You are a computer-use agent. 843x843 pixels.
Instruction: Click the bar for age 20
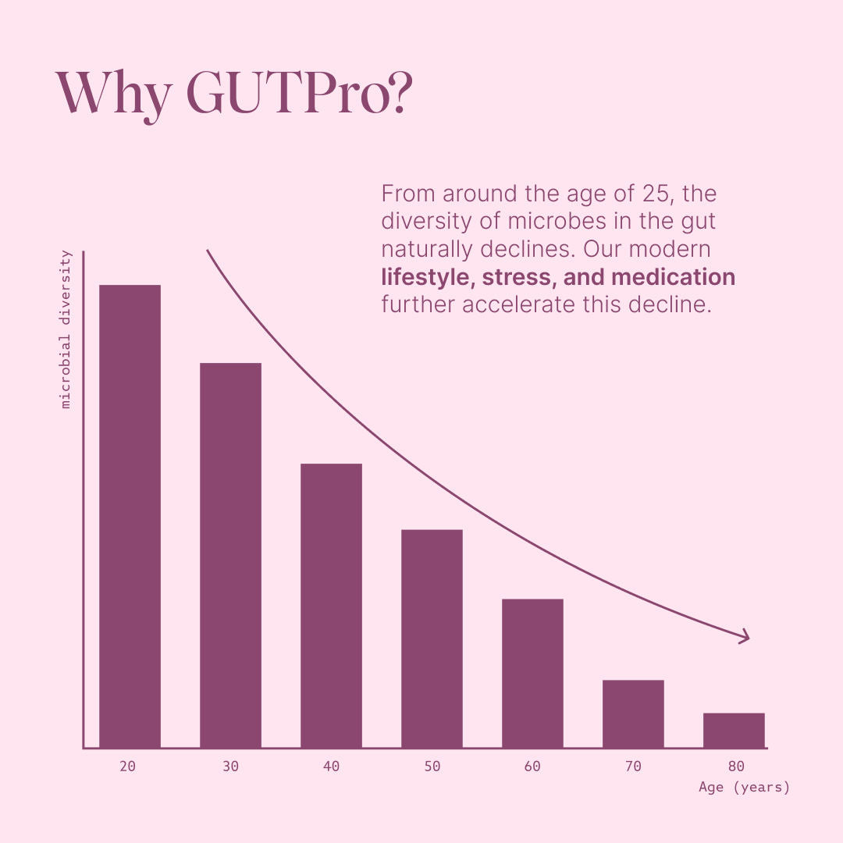[x=130, y=516]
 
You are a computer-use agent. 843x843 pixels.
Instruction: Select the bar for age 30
[x=230, y=555]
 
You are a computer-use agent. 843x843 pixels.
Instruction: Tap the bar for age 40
[x=331, y=606]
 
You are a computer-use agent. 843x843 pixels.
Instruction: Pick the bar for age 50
[x=432, y=638]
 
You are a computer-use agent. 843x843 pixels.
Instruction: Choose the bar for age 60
[x=532, y=673]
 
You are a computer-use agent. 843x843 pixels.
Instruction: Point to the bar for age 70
[x=633, y=713]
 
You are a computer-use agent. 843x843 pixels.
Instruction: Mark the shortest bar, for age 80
[x=734, y=730]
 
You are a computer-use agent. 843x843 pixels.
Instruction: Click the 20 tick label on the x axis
[x=128, y=767]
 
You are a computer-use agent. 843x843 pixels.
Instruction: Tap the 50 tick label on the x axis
[x=432, y=767]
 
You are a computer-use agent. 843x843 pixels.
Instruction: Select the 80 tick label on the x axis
[x=735, y=767]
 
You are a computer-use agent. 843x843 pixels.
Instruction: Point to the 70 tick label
[x=633, y=767]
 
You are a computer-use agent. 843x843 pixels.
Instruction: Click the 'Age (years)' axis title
[x=744, y=788]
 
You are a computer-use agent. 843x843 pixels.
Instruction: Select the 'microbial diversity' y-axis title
[x=66, y=329]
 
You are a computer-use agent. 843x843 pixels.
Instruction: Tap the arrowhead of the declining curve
[x=745, y=637]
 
